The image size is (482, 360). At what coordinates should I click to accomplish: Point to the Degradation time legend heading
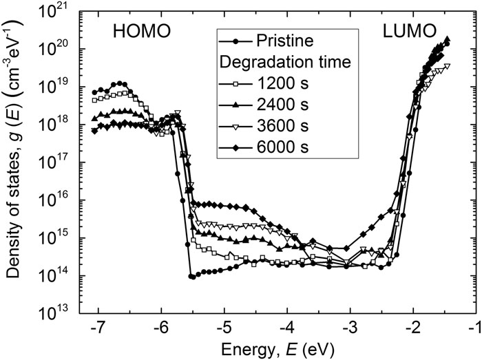click(x=285, y=62)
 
